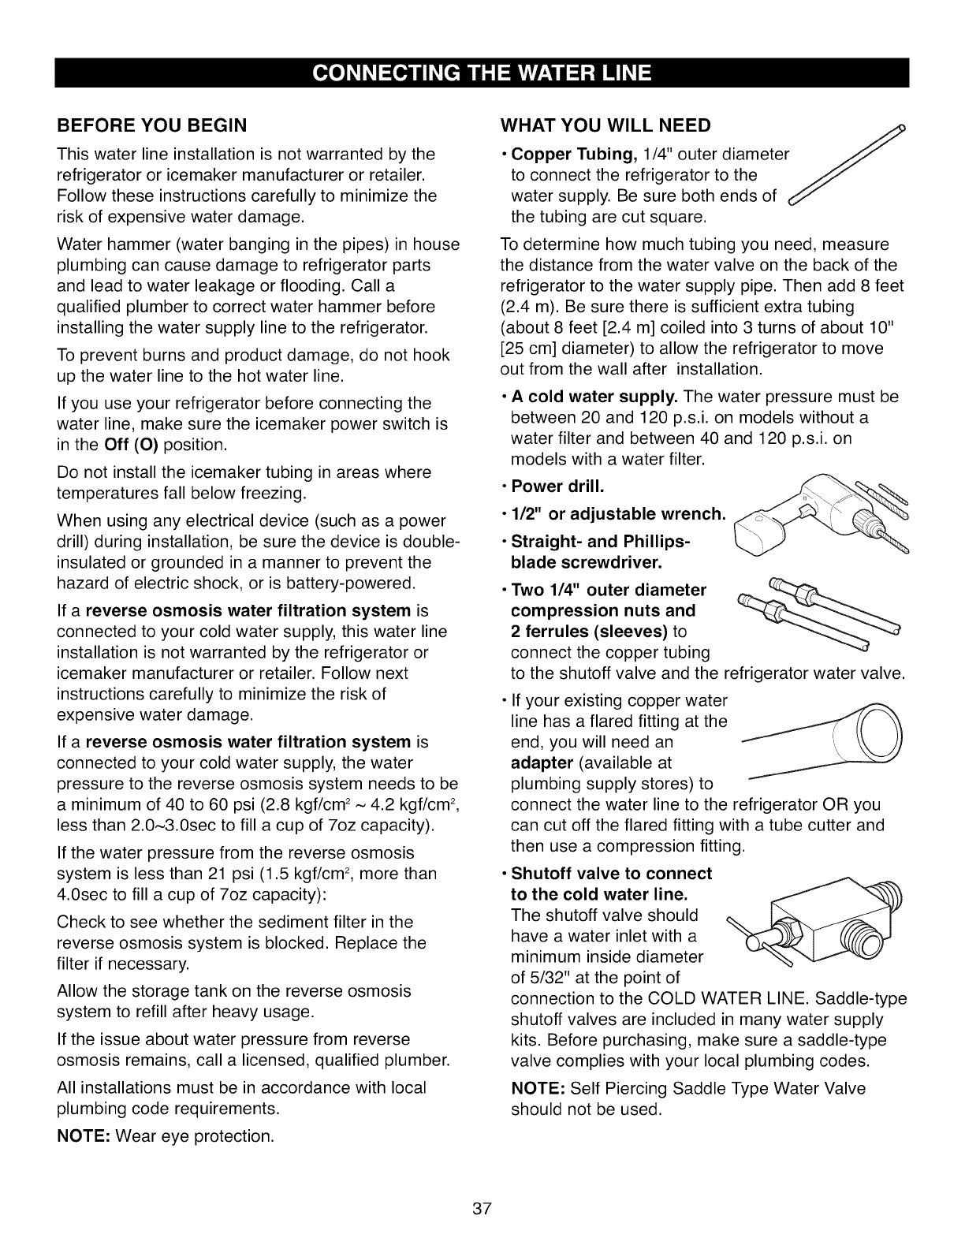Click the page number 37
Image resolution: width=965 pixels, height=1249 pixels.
pyautogui.click(x=482, y=1209)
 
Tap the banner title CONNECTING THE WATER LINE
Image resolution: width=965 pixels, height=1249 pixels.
pyautogui.click(x=482, y=73)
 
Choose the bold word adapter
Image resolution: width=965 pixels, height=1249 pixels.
pyautogui.click(x=542, y=763)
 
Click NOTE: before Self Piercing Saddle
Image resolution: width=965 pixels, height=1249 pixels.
pyautogui.click(x=538, y=1088)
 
